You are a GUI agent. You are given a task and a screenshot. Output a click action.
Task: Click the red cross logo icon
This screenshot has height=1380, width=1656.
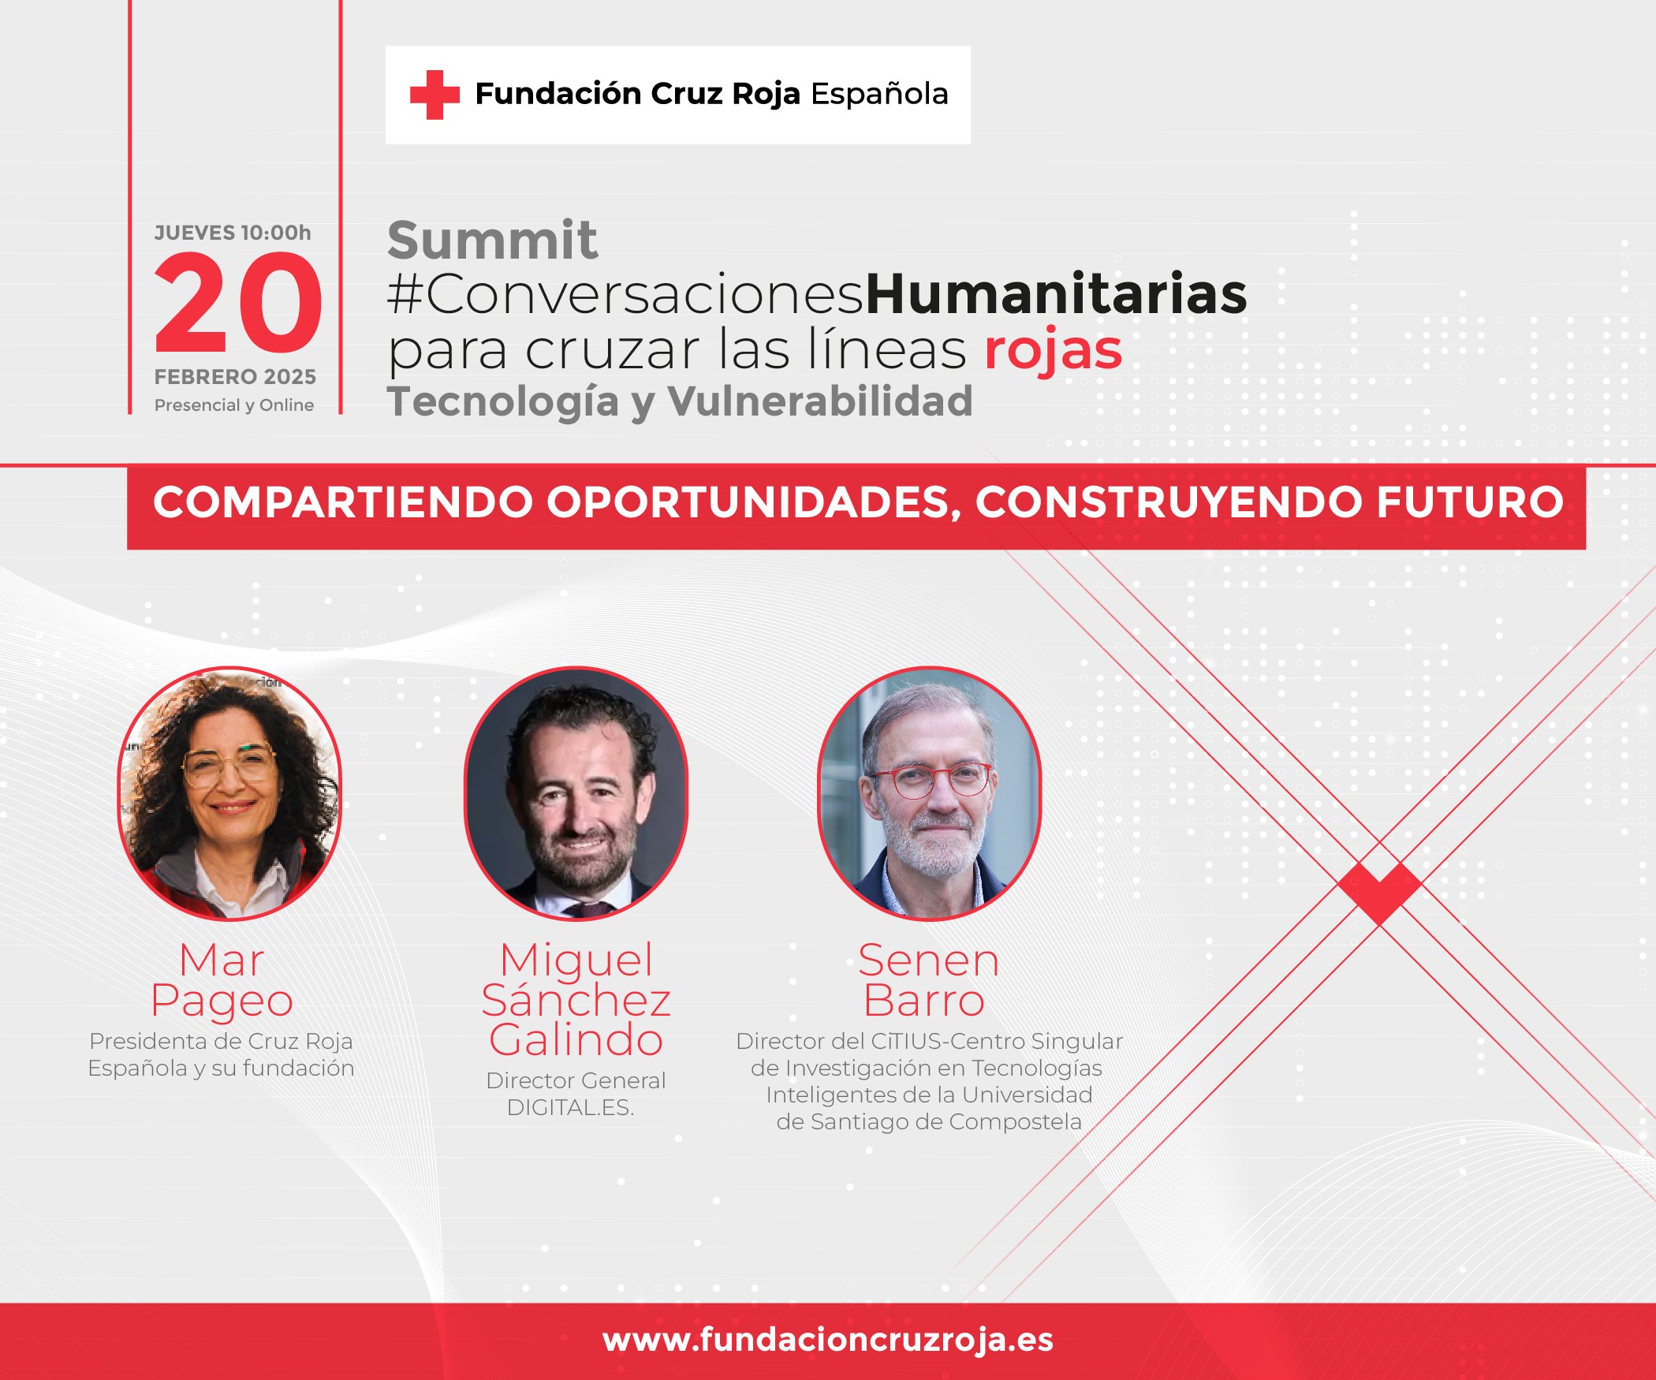click(x=435, y=95)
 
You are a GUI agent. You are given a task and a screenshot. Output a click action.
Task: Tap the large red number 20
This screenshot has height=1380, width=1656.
click(x=238, y=303)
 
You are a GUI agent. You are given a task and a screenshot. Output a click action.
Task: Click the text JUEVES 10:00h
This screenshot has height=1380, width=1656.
click(x=233, y=233)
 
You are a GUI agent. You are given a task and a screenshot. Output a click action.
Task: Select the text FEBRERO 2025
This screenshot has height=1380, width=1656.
click(x=235, y=377)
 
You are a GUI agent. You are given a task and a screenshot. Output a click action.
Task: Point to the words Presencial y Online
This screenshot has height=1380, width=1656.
click(x=234, y=405)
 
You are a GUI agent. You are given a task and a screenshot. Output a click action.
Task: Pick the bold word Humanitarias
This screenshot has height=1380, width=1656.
click(x=1057, y=293)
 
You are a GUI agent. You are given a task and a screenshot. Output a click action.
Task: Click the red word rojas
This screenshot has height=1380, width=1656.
click(x=1054, y=350)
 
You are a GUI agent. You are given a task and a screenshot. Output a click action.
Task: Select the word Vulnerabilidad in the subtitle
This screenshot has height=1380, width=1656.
click(x=820, y=401)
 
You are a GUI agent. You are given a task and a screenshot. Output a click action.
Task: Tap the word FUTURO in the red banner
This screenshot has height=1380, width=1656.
click(x=1470, y=502)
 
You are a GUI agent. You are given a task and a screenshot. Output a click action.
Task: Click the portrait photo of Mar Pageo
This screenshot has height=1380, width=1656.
click(x=229, y=794)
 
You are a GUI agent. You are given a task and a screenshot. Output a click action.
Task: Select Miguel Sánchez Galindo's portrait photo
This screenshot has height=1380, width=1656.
click(x=576, y=794)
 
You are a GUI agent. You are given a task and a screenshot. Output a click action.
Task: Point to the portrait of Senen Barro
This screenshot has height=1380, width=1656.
click(x=930, y=794)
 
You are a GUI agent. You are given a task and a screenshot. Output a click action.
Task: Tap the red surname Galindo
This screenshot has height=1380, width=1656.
click(x=576, y=1040)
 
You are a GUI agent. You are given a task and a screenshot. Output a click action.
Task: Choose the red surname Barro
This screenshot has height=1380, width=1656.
click(x=924, y=1001)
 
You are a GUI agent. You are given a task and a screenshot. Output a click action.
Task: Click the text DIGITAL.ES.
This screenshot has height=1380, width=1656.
click(x=571, y=1108)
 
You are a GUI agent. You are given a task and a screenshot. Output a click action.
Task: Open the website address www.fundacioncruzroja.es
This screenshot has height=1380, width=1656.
click(x=828, y=1340)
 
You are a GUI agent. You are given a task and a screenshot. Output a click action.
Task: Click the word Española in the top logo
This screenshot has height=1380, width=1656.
click(x=879, y=94)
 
